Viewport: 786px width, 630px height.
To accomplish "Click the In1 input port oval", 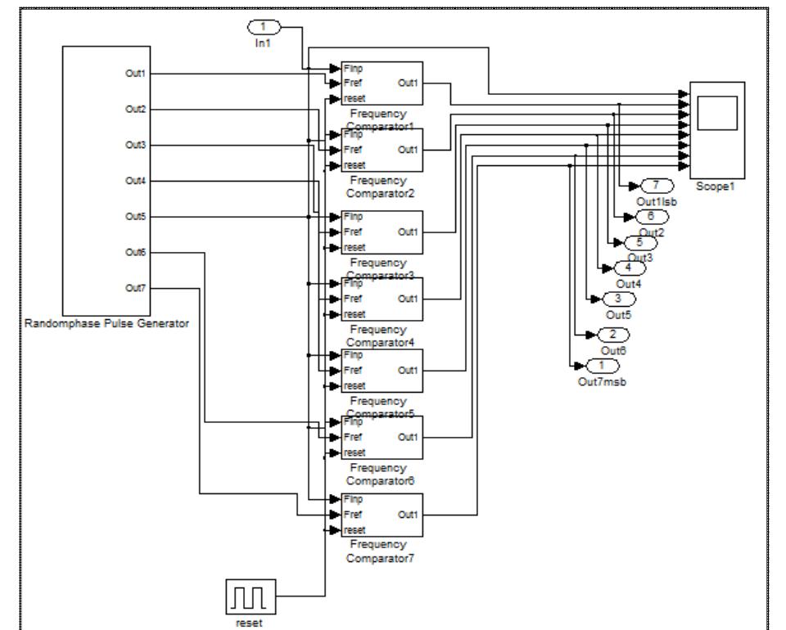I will [x=263, y=28].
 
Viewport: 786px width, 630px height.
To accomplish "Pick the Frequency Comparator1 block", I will [x=382, y=83].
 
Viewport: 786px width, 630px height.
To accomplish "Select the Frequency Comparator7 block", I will [x=382, y=515].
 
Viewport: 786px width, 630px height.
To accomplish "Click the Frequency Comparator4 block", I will [x=382, y=299].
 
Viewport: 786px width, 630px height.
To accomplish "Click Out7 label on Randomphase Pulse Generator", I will [x=135, y=288].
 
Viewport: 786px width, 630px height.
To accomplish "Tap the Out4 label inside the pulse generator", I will [x=135, y=181].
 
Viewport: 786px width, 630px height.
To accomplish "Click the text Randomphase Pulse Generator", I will [x=107, y=324].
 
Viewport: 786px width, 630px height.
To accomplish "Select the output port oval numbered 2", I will [x=613, y=335].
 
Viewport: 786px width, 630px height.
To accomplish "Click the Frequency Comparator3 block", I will [x=382, y=232].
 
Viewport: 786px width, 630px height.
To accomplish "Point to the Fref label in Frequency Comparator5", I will [x=354, y=371].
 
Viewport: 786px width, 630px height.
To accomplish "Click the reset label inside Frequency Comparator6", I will [x=355, y=452].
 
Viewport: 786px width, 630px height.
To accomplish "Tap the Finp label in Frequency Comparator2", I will [x=354, y=133].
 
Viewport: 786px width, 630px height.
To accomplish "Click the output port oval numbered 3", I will [x=618, y=299].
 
